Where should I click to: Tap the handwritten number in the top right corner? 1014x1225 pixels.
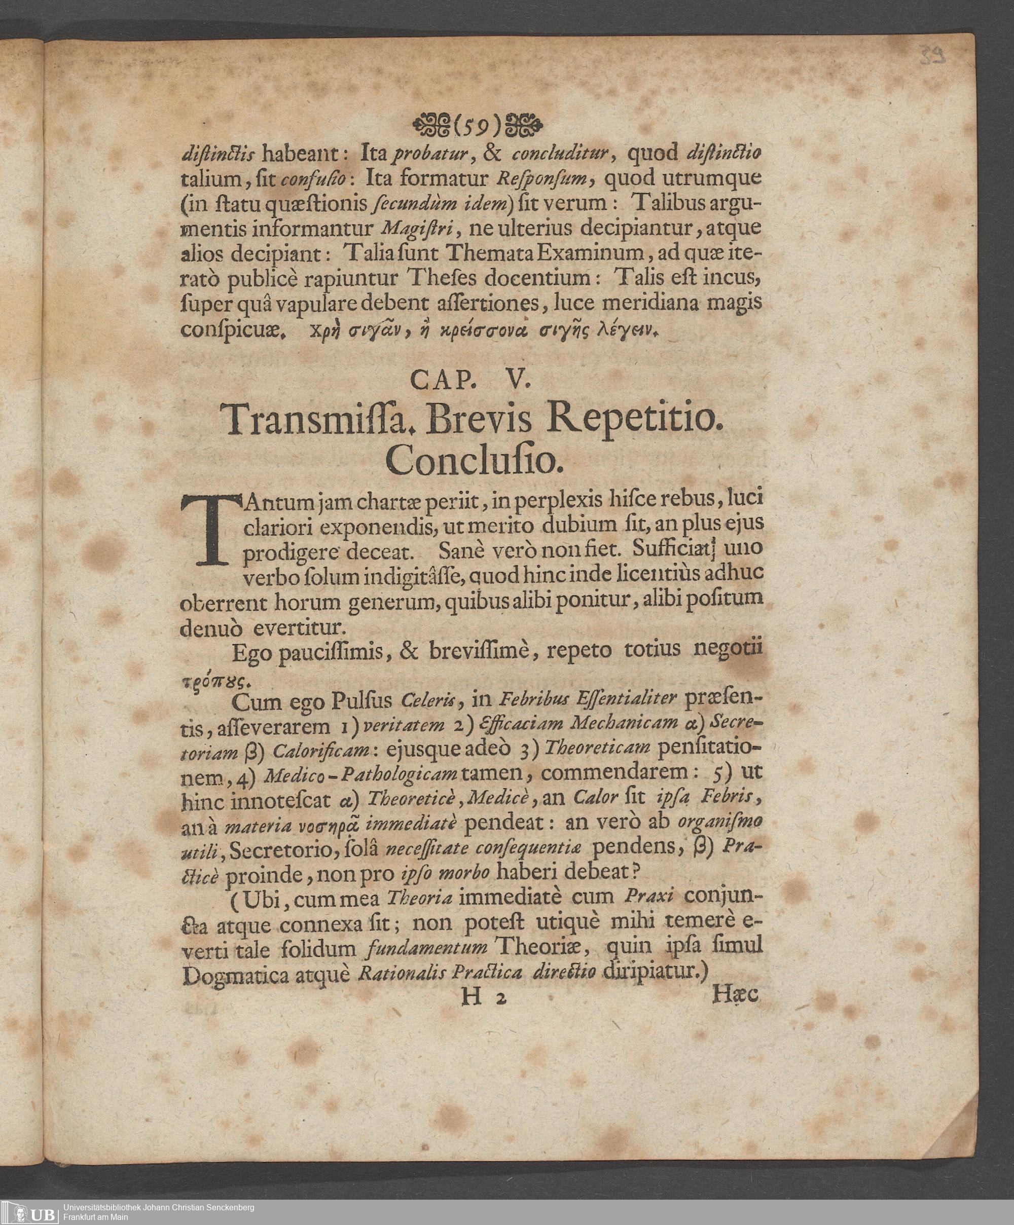932,58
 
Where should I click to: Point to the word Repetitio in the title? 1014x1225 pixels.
639,421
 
